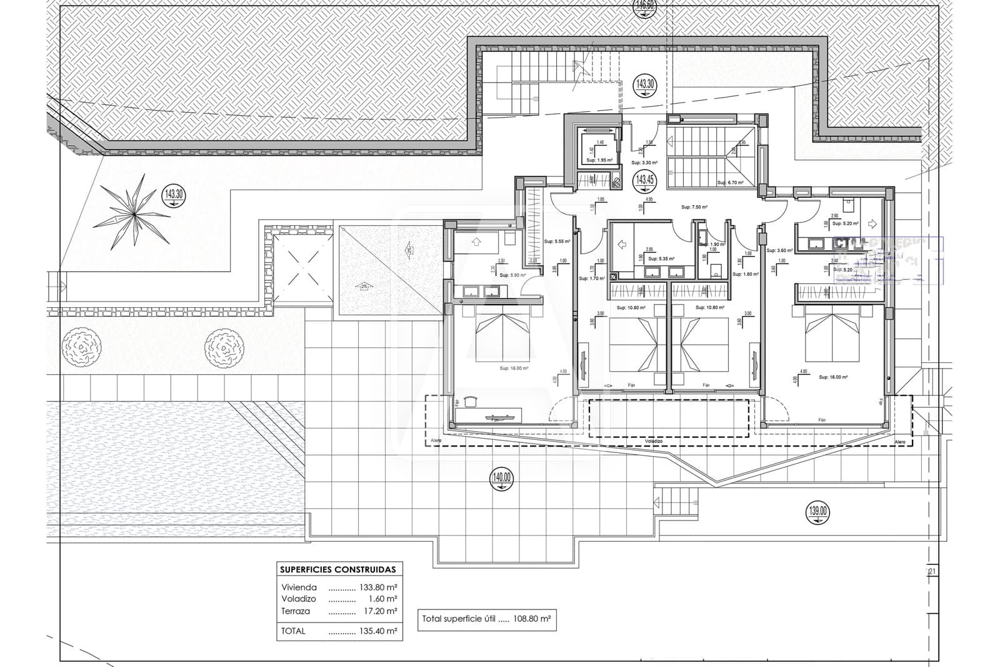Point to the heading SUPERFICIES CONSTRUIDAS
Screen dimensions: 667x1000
pos(338,569)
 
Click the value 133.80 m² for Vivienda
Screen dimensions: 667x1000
pos(377,588)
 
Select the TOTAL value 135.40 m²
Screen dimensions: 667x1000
pos(377,631)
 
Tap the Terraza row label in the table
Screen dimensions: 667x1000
pos(296,611)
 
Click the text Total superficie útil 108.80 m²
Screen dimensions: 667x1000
pos(486,619)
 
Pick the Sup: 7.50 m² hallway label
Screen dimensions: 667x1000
pos(694,206)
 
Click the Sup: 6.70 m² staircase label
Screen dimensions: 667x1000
pos(730,183)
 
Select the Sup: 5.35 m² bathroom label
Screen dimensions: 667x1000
pos(661,258)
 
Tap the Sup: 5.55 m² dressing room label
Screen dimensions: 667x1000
pos(556,241)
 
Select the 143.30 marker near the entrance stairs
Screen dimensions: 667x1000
pos(645,84)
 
